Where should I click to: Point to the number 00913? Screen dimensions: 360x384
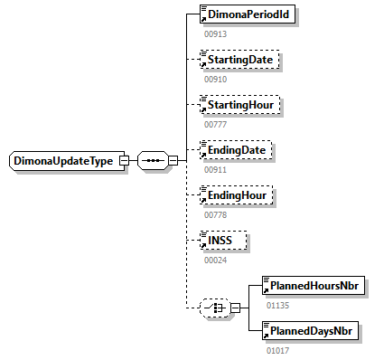pos(215,34)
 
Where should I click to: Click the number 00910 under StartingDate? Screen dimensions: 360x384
pos(215,80)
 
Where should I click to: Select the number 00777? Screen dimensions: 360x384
pos(215,124)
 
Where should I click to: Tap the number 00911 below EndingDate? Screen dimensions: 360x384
pos(215,169)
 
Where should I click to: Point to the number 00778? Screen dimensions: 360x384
pos(215,214)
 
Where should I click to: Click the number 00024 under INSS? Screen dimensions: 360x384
pos(215,259)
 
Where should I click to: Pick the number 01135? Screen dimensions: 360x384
pos(276,305)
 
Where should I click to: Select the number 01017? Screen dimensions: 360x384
pos(276,349)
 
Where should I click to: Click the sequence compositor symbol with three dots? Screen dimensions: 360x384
pos(153,161)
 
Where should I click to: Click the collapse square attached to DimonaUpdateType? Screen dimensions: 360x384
pos(125,161)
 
